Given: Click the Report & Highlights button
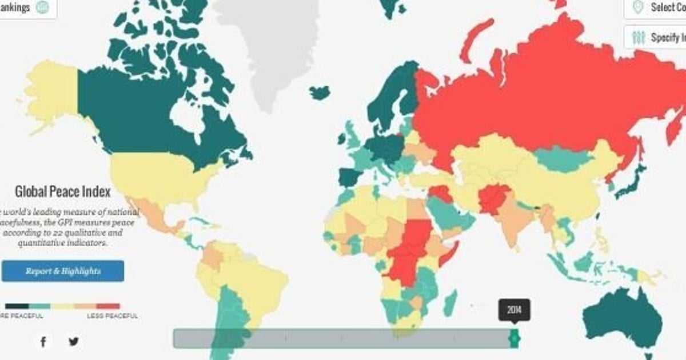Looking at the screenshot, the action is pos(62,271).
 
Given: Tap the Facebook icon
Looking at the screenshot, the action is pos(43,342).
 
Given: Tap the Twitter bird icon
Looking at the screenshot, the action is pos(74,342).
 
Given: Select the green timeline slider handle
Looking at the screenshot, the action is pos(514,338).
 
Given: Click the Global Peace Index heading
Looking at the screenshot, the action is pos(62,191).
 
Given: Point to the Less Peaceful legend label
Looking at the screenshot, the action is pos(112,315).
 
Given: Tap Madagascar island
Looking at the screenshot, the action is pos(450,301).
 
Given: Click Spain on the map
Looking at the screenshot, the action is pos(349,177).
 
